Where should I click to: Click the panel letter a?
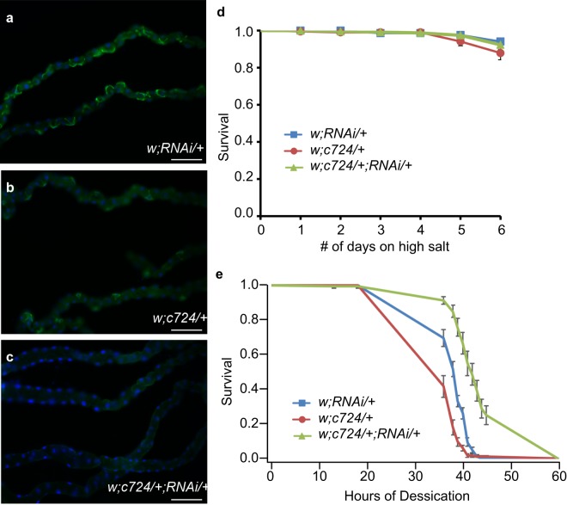pyautogui.click(x=8, y=9)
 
